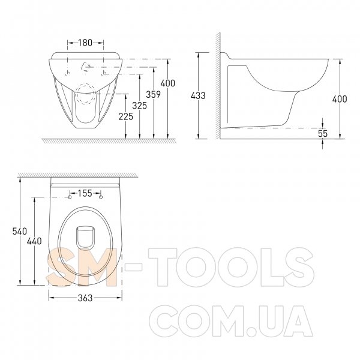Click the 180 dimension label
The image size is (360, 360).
pyautogui.click(x=85, y=43)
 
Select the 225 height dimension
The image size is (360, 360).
pyautogui.click(x=126, y=116)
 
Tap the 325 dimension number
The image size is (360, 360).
pyautogui.click(x=140, y=106)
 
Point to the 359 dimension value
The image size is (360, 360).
pyautogui.click(x=154, y=94)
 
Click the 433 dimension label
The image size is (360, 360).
pyautogui.click(x=198, y=95)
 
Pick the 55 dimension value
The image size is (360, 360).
pyautogui.click(x=323, y=133)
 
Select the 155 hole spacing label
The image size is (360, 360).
pyautogui.click(x=85, y=193)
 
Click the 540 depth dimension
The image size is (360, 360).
pyautogui.click(x=20, y=231)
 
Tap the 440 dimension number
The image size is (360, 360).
pyautogui.click(x=34, y=241)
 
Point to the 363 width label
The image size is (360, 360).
pyautogui.click(x=85, y=298)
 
